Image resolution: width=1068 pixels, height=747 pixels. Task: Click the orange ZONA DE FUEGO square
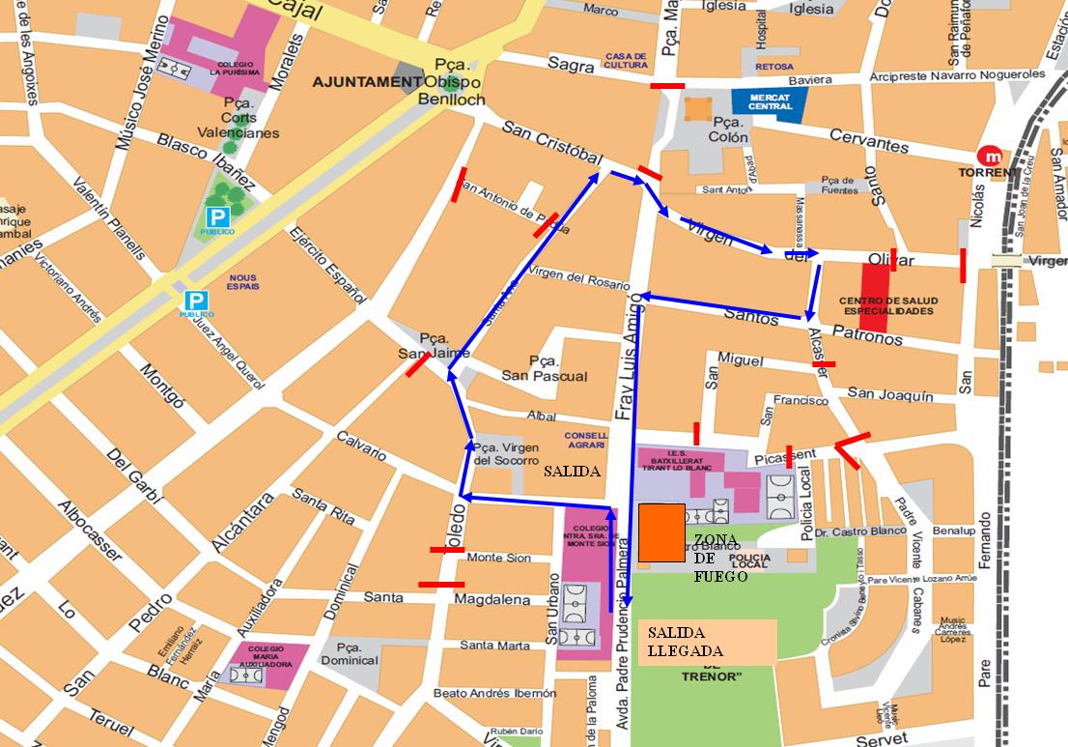(661, 532)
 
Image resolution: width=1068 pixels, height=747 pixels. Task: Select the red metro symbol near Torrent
(990, 155)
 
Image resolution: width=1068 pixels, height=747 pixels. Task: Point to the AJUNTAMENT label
(367, 82)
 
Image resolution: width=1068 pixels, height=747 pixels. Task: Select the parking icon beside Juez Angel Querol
(196, 302)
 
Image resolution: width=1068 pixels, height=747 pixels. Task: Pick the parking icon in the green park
(216, 218)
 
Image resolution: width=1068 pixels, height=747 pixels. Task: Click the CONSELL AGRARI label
(585, 440)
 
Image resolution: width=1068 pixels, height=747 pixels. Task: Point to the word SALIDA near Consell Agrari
(572, 473)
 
